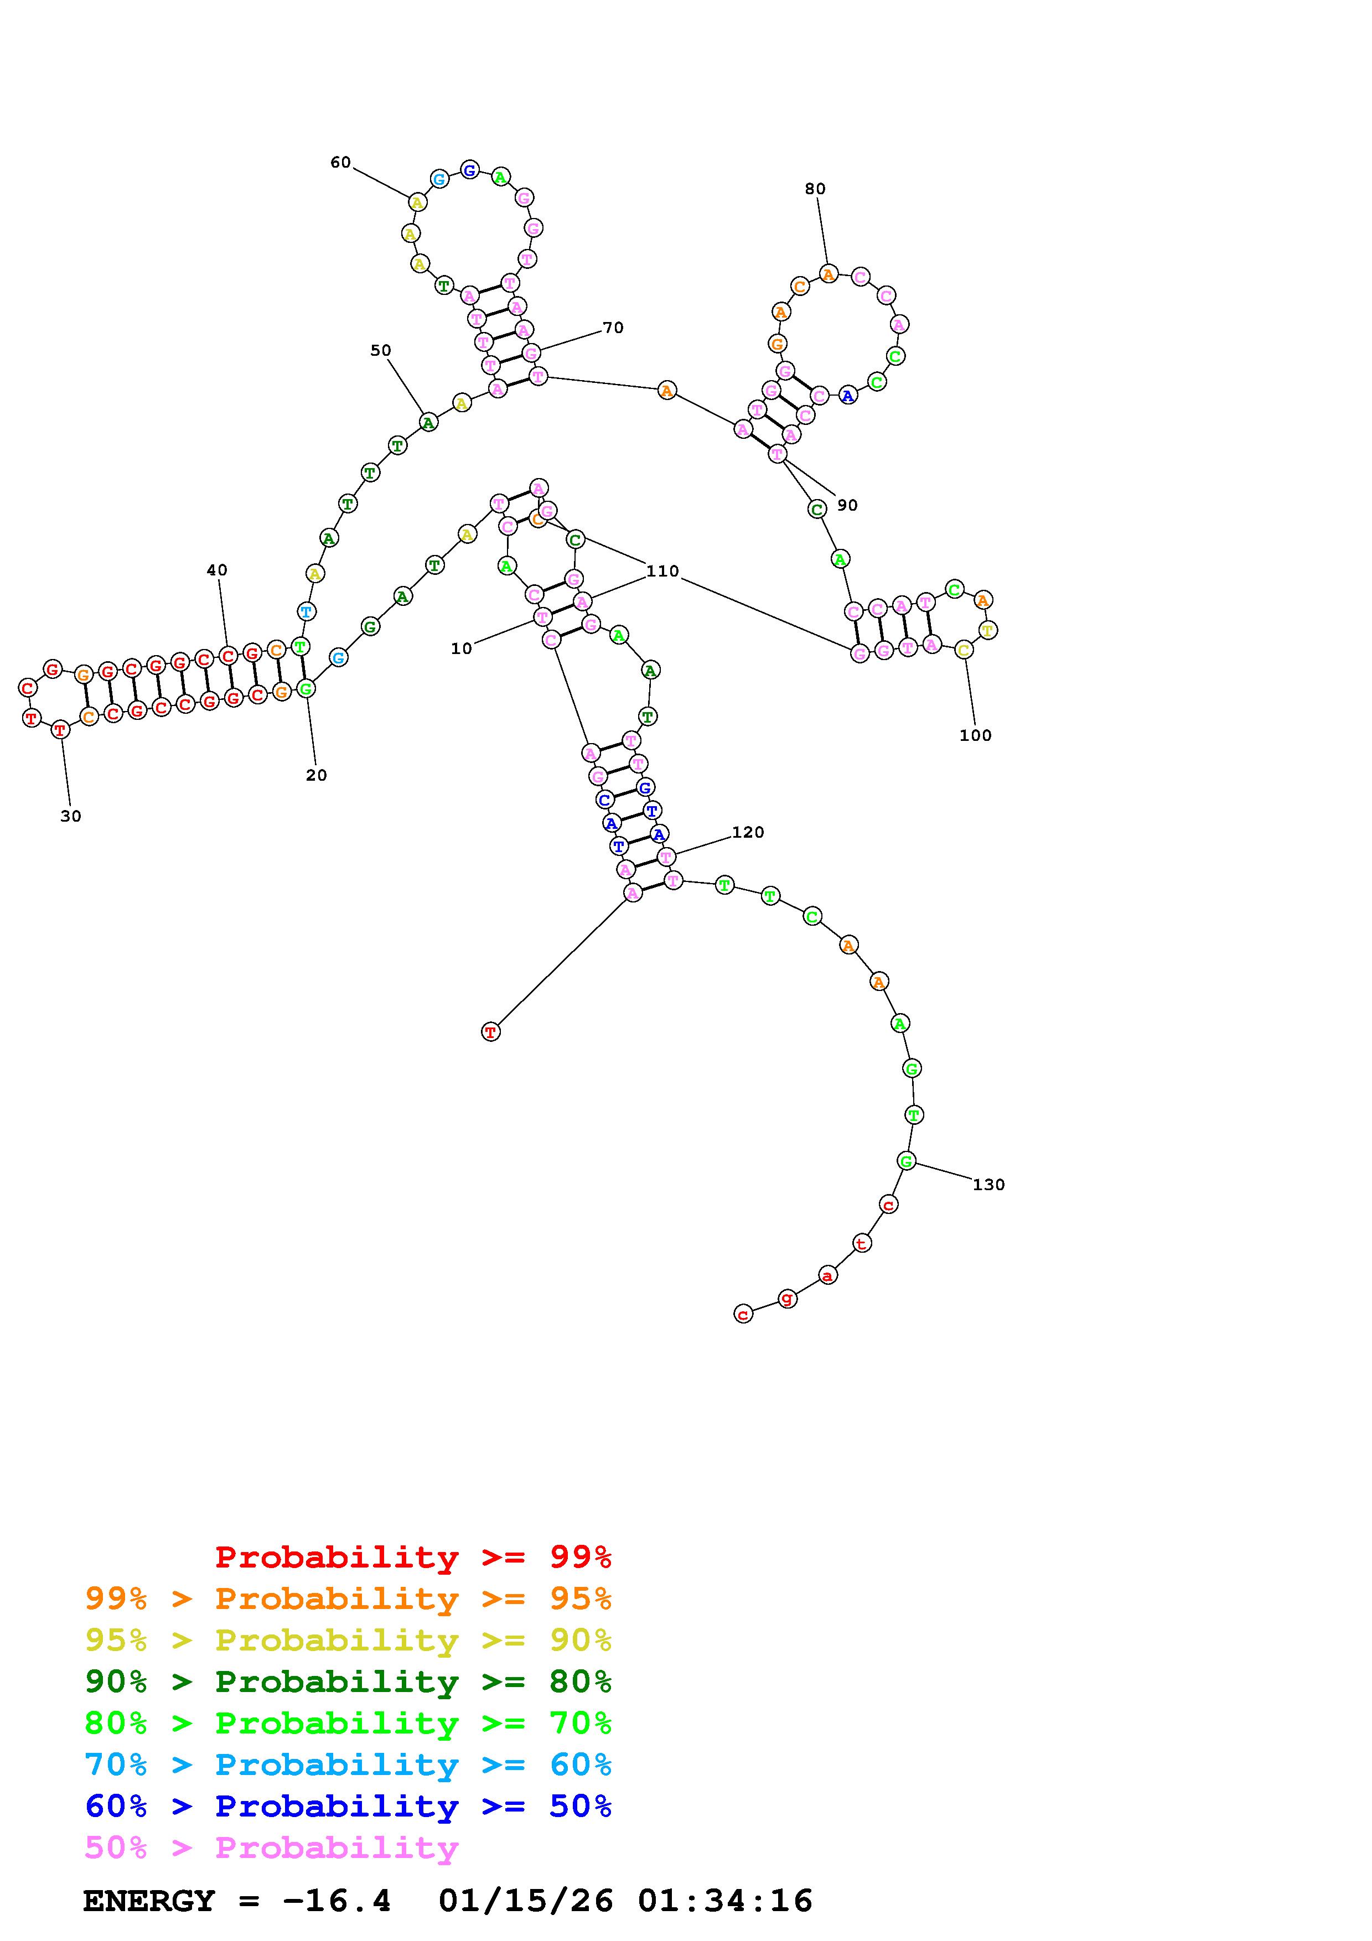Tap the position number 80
pos(815,189)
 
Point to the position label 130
pos(988,1185)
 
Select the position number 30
pos(71,816)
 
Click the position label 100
pos(976,735)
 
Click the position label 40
pos(218,570)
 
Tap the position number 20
pos(316,775)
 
